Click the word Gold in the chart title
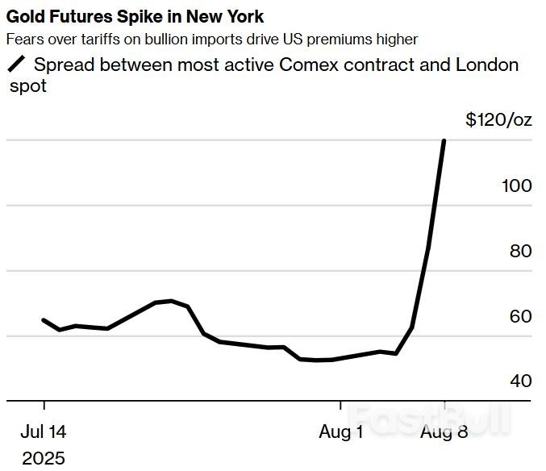pos(25,17)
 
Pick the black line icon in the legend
pos(16,65)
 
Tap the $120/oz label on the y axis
pos(498,120)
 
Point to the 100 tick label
pos(516,185)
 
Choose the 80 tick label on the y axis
pos(520,251)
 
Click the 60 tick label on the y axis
pos(520,316)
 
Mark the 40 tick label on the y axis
pos(520,381)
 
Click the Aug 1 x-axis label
pos(340,432)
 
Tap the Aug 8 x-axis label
pos(444,432)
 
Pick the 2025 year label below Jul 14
pos(44,458)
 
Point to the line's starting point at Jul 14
pos(44,320)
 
